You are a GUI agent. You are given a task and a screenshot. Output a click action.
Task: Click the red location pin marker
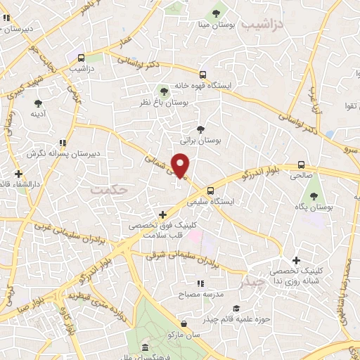181,166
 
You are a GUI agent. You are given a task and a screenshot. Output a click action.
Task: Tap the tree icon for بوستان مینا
217,12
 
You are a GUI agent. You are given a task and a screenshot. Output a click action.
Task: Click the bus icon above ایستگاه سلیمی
210,190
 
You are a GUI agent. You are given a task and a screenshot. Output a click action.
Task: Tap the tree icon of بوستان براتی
201,129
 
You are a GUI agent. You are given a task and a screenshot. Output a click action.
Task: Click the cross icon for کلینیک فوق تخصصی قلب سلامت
162,214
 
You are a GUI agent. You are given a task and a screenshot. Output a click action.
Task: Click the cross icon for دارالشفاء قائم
18,174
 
